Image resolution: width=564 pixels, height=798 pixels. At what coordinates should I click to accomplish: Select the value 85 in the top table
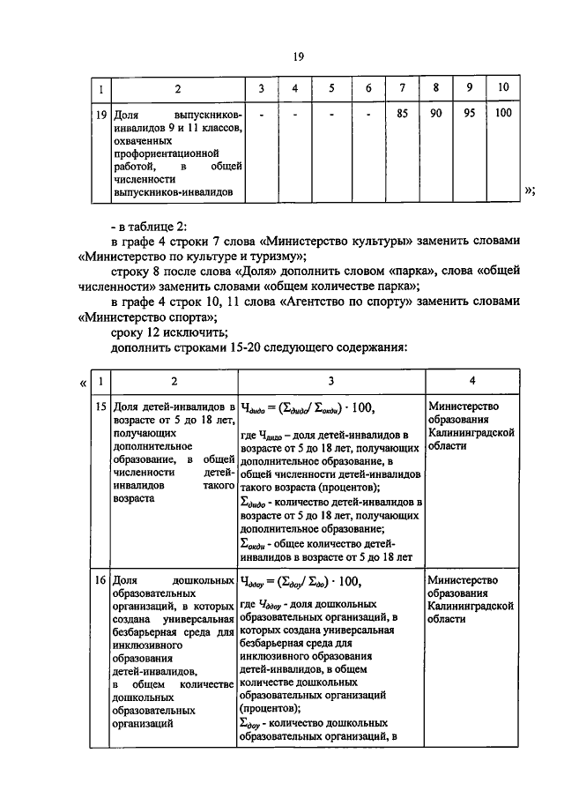click(x=402, y=113)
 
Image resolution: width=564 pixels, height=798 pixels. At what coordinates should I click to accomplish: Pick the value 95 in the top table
click(x=469, y=113)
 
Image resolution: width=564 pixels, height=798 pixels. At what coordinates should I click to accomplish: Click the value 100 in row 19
click(x=503, y=113)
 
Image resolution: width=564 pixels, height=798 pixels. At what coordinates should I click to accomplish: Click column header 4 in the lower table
click(x=473, y=381)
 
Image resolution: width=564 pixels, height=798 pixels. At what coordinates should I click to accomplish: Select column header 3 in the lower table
click(x=330, y=381)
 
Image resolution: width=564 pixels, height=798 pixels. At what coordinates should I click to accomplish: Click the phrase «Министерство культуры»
click(x=330, y=242)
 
